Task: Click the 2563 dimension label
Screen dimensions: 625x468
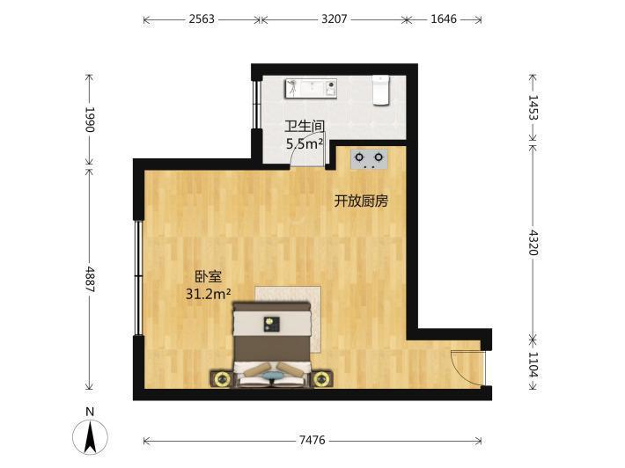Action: (x=202, y=18)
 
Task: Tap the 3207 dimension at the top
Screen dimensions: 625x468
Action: (x=334, y=18)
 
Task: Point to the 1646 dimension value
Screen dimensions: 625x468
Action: (x=444, y=18)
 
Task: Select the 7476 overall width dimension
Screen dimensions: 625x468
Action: (x=312, y=440)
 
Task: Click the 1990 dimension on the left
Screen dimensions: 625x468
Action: (x=90, y=120)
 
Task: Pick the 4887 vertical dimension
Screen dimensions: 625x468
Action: (x=90, y=280)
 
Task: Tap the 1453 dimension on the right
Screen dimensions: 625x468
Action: (x=533, y=107)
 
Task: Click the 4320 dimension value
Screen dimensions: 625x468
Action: (x=533, y=242)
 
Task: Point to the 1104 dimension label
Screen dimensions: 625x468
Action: (x=533, y=365)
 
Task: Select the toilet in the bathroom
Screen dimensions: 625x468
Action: (x=380, y=90)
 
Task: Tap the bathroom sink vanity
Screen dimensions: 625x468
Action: (x=311, y=88)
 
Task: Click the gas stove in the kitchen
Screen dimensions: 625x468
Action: (x=369, y=158)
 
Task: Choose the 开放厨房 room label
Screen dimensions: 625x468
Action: (x=361, y=201)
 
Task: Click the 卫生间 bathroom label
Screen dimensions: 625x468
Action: (x=305, y=127)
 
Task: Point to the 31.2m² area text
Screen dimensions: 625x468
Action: (x=209, y=294)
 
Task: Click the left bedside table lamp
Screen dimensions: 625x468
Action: (x=222, y=379)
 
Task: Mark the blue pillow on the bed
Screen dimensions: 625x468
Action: (x=273, y=375)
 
